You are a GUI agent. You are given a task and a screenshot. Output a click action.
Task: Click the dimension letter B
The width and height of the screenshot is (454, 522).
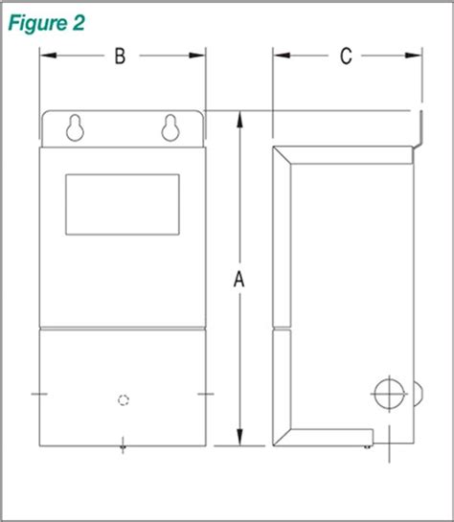(120, 57)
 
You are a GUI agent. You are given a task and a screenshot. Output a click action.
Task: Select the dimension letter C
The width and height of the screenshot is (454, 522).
(346, 57)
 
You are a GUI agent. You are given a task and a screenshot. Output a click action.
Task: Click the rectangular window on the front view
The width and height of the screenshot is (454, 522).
(122, 204)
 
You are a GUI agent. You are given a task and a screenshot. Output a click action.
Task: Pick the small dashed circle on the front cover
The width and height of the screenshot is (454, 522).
(122, 399)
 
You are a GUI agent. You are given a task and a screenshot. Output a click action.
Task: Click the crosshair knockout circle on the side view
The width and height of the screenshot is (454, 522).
(388, 393)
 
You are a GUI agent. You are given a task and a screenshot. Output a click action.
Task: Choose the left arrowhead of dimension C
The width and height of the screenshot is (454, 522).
(279, 57)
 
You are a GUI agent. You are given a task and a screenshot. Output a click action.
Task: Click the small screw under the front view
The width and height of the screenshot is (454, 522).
(122, 443)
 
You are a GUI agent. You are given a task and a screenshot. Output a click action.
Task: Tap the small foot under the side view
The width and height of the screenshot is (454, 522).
(369, 443)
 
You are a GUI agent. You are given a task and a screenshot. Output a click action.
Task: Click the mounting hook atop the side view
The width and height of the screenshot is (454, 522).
(417, 134)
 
